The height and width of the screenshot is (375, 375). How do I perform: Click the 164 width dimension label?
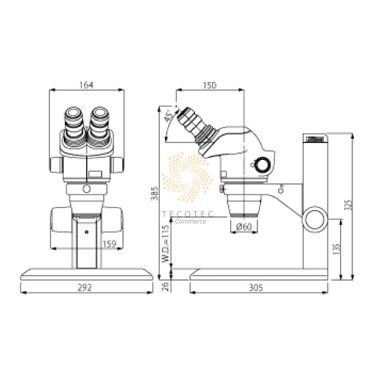click(x=87, y=86)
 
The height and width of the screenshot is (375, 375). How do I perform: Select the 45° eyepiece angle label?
click(x=167, y=116)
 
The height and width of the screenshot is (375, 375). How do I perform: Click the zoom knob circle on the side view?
click(x=261, y=165)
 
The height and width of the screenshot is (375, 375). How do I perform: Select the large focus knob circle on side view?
click(x=314, y=219)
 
